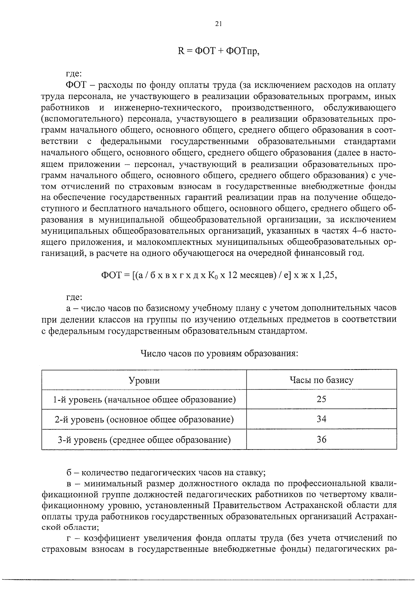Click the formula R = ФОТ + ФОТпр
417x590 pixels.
point(219,51)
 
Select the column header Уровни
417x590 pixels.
point(144,380)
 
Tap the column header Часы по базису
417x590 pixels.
point(321,380)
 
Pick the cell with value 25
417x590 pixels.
point(321,399)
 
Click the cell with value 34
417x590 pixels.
point(321,419)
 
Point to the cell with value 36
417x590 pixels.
point(321,440)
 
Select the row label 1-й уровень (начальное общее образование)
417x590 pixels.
point(144,399)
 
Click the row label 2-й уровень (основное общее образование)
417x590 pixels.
point(144,420)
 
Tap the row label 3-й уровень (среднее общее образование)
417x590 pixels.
point(144,440)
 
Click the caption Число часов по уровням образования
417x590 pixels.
point(219,354)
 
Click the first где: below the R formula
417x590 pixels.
point(74,74)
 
